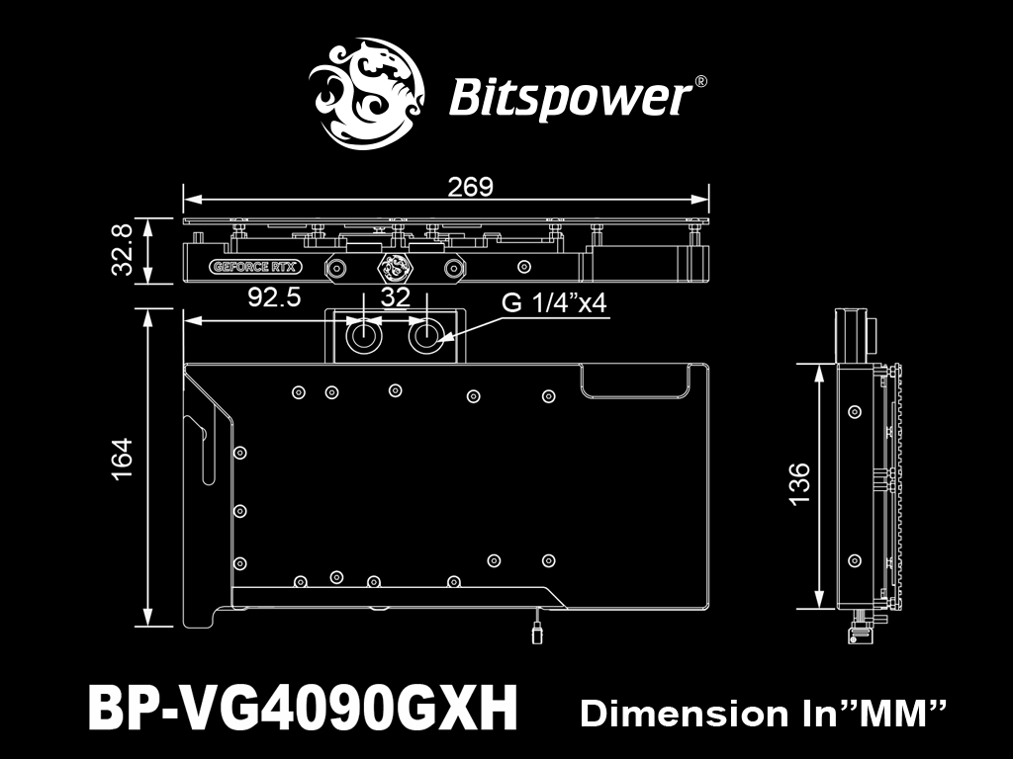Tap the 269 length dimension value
tap(470, 187)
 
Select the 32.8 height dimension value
tap(122, 250)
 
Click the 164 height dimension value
tap(122, 459)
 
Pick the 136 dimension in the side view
tap(799, 484)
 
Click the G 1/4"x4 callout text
tap(554, 302)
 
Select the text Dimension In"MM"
tap(764, 714)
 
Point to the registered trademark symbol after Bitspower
tap(700, 82)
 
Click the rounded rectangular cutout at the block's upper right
tap(637, 381)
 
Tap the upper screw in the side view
tap(855, 411)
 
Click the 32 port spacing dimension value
tap(396, 297)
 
